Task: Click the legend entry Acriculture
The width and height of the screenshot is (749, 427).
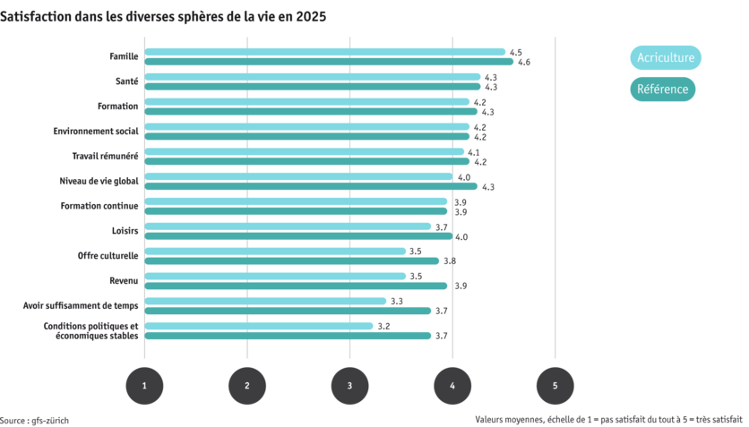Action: [666, 58]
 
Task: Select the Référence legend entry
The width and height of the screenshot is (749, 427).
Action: [663, 90]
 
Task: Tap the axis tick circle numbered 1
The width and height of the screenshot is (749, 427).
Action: [144, 385]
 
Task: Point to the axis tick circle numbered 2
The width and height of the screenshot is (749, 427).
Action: [247, 385]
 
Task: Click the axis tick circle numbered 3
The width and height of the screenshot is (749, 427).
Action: [349, 385]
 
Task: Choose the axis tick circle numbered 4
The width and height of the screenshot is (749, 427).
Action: [452, 385]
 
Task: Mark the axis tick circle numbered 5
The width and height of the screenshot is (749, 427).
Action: [555, 385]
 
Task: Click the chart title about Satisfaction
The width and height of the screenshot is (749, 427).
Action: [163, 17]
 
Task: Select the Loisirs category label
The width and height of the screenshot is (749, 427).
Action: [125, 231]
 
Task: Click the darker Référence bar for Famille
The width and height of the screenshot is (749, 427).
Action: [329, 62]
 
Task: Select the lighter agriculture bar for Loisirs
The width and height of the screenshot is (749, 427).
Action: [288, 226]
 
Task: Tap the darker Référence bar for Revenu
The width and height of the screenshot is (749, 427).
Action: [296, 286]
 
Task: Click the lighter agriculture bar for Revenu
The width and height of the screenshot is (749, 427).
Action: [275, 276]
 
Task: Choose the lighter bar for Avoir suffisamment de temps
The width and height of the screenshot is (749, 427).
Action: [265, 301]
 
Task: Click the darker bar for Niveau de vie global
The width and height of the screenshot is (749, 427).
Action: [311, 186]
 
